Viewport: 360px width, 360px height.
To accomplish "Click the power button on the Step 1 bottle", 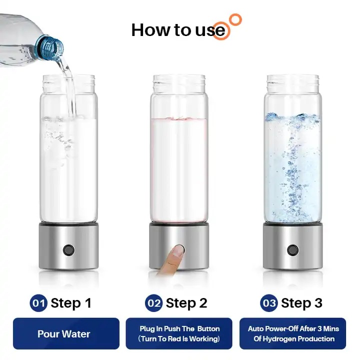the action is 68,250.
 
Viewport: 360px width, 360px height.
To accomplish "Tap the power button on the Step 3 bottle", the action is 292,250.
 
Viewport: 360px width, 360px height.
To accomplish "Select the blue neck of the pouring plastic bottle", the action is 49,47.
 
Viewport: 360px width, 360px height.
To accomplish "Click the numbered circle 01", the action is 38,303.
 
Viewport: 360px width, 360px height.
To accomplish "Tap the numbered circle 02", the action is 154,303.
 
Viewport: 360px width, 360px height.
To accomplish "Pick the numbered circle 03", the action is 269,303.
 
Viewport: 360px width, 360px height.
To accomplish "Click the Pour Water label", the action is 64,334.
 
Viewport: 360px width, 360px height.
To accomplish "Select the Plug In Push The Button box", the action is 179,333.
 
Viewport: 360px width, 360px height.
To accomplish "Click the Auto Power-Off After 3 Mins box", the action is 292,333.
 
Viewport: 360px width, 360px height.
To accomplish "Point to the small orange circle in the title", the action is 235,20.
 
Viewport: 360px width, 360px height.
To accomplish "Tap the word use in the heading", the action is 210,31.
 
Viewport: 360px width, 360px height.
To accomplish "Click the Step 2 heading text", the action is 186,303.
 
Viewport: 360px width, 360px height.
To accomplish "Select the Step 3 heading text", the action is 301,303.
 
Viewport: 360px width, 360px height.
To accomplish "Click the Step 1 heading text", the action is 71,303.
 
